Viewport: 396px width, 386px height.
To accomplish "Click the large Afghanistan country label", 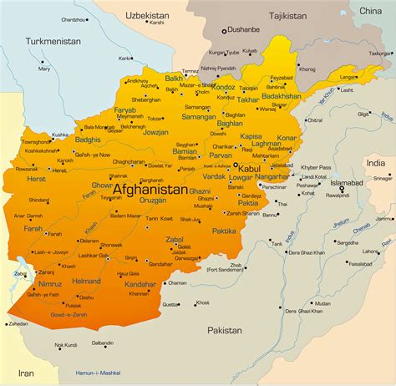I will [150, 190].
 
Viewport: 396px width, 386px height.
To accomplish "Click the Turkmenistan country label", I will [52, 40].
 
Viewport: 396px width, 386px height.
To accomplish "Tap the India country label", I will [375, 163].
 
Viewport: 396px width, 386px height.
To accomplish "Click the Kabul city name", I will [251, 167].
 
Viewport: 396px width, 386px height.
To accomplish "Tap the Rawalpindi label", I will [338, 196].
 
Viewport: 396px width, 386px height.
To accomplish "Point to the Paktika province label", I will [224, 231].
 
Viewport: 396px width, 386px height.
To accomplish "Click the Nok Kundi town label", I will [66, 344].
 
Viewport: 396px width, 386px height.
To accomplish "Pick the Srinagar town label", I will [382, 178].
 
